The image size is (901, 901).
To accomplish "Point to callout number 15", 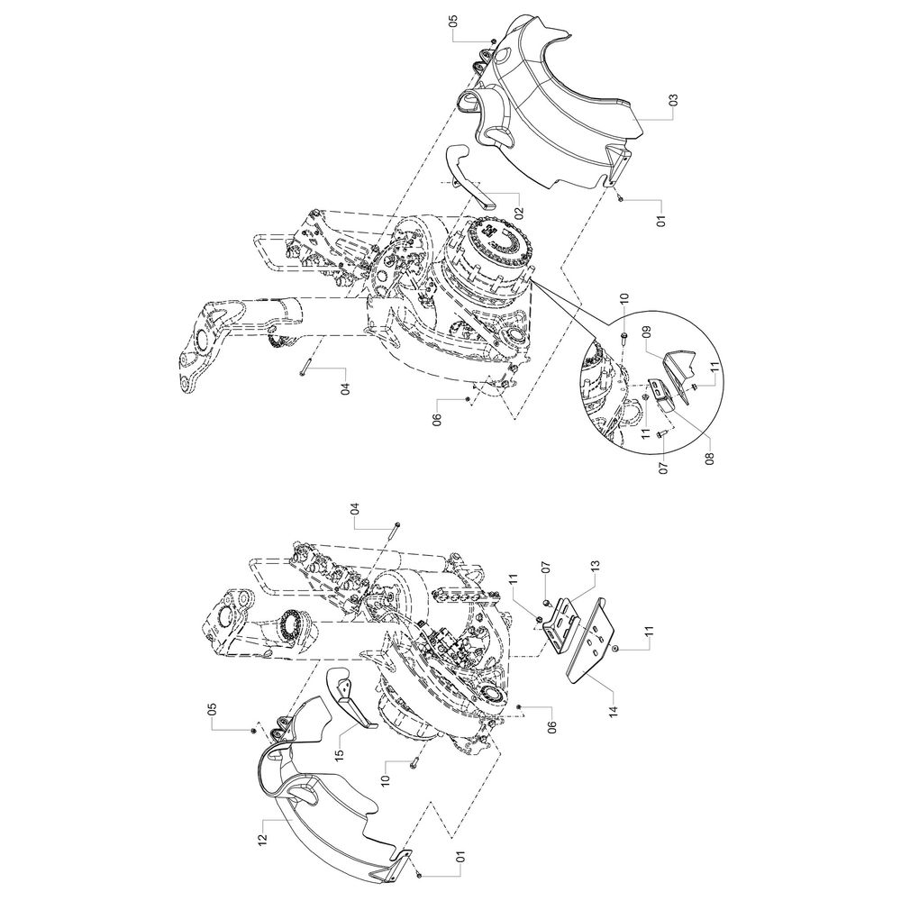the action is [x=339, y=752].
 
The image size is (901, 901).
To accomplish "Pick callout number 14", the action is [x=614, y=711].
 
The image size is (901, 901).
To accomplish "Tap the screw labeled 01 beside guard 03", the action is [x=620, y=197].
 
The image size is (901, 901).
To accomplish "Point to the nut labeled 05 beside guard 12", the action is [x=253, y=731].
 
